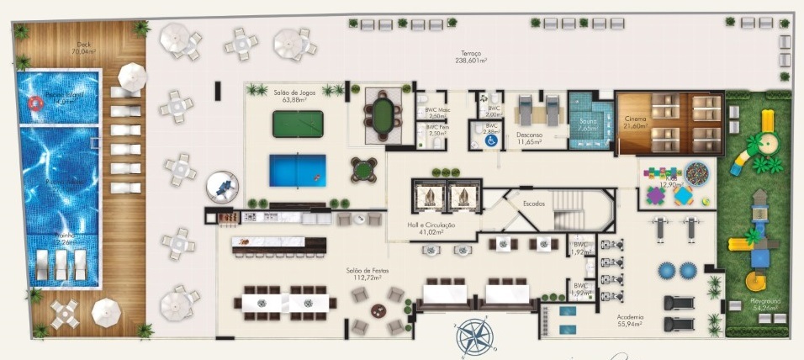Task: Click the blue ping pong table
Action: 297,170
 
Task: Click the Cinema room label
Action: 635,121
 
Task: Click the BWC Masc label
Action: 436,112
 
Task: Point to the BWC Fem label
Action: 436,130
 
